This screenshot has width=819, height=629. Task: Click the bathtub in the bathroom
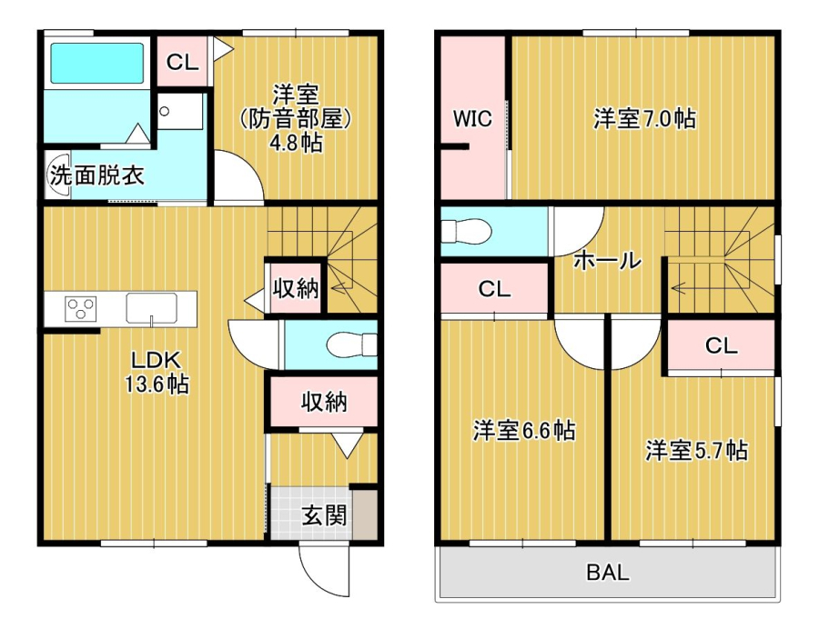click(96, 63)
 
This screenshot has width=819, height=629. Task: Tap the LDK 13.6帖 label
click(157, 373)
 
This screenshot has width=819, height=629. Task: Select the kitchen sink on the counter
click(151, 308)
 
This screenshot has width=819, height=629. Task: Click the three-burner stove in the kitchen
click(80, 308)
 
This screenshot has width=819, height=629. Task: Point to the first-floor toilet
click(351, 344)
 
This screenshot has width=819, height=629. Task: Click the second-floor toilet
click(466, 231)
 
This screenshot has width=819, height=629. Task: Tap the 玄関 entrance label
click(324, 515)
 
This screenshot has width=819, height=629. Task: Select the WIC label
click(472, 118)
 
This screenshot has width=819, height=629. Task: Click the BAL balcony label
click(608, 573)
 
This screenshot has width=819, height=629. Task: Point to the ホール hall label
click(608, 260)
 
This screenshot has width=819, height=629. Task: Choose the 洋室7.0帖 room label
click(644, 119)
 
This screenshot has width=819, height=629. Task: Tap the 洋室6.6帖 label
click(524, 431)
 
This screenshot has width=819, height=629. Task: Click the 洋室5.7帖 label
click(696, 451)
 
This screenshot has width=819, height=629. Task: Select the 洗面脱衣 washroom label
click(96, 175)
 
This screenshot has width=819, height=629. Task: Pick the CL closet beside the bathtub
click(182, 62)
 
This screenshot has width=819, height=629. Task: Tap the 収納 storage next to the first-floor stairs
click(296, 288)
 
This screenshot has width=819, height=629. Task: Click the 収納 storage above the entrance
click(324, 402)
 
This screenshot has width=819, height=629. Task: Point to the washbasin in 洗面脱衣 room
click(57, 175)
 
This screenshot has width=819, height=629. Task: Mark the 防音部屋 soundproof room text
click(296, 119)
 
